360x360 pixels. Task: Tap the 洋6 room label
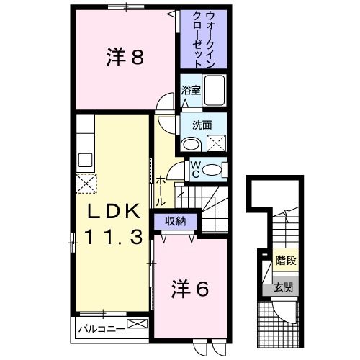pos(190,289)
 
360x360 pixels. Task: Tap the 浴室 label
pos(190,91)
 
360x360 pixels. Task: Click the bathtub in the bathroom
pos(215,91)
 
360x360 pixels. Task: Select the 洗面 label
pos(202,124)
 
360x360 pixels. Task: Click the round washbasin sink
pos(189,144)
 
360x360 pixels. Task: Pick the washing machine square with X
pos(215,143)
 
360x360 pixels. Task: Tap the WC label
pos(194,170)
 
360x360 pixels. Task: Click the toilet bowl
pos(213,170)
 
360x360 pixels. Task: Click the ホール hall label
pos(160,192)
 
